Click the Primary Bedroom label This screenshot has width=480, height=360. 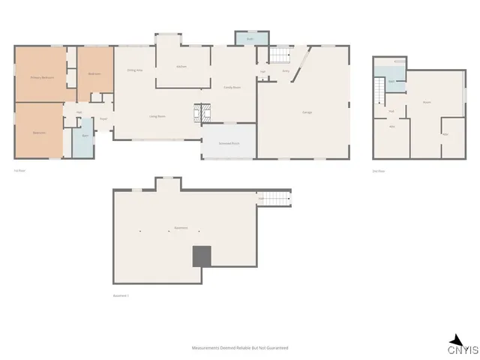tap(40, 77)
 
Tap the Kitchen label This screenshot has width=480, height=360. tap(181, 67)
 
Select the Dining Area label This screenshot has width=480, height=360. tap(135, 70)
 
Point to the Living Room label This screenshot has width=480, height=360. tap(157, 116)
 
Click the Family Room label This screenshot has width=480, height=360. tap(232, 88)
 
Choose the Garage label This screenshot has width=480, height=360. tap(307, 112)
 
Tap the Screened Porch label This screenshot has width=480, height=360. tap(229, 142)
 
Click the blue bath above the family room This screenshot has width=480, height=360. tap(245, 37)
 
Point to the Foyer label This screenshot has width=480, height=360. tap(104, 118)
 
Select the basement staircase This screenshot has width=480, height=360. tap(273, 199)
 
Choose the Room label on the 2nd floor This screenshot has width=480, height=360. tap(427, 101)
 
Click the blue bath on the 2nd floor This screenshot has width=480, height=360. tap(392, 79)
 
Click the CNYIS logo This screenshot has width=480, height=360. tap(457, 346)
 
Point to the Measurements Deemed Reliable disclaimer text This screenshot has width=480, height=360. tap(240, 348)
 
